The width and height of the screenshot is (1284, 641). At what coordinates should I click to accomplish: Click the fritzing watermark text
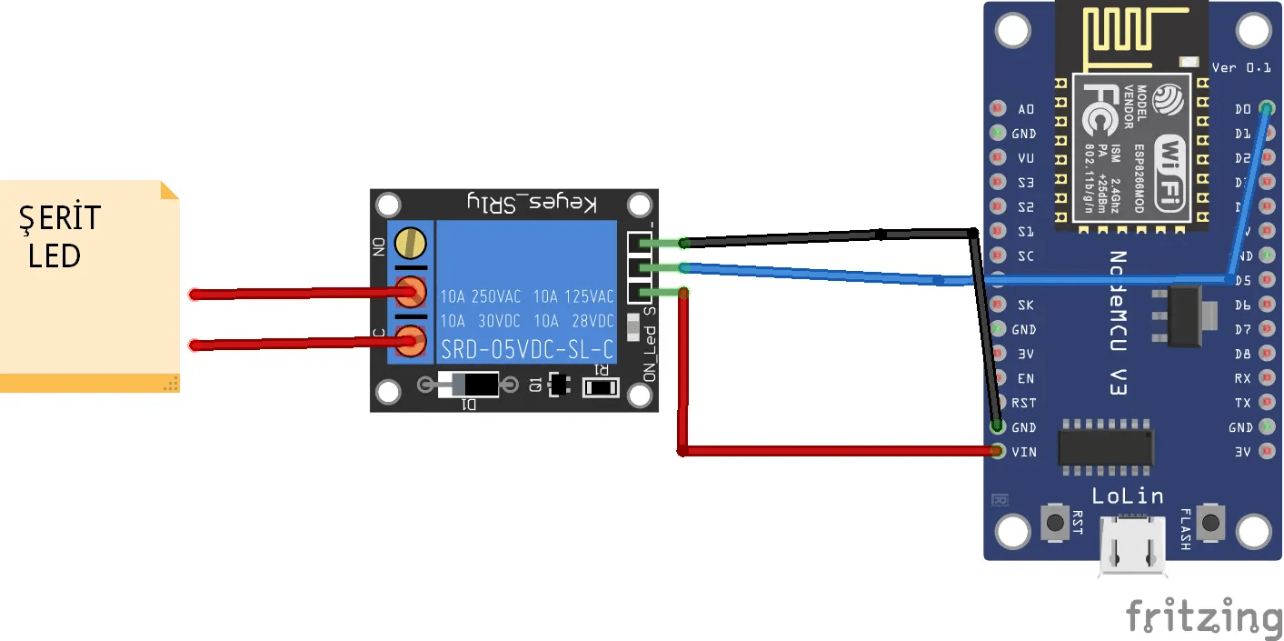click(x=1203, y=617)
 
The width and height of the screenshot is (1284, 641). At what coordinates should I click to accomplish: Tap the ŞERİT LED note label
click(x=60, y=236)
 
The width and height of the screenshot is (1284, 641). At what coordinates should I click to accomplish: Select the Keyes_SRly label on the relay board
click(x=532, y=203)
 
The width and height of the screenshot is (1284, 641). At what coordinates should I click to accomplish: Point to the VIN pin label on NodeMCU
click(x=1024, y=452)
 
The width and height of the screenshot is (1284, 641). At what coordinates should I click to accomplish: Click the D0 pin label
click(x=1242, y=109)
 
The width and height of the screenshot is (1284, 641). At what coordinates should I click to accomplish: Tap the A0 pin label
click(x=1026, y=109)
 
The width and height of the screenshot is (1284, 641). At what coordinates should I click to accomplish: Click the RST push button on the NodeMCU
click(x=1055, y=523)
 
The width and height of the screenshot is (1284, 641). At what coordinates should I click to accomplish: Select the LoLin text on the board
click(x=1127, y=496)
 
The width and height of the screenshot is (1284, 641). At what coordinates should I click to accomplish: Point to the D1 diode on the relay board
click(x=468, y=385)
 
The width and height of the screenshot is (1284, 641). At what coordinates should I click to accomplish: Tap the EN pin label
click(x=1026, y=378)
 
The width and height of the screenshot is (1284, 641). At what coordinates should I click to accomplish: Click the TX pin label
click(x=1242, y=403)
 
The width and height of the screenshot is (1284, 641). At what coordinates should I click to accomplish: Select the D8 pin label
click(x=1242, y=354)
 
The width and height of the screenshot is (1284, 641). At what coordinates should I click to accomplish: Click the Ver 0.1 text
click(x=1240, y=67)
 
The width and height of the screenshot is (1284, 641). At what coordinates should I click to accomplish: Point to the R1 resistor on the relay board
click(x=600, y=387)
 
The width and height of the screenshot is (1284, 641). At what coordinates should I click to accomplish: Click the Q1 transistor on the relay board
click(x=560, y=385)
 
